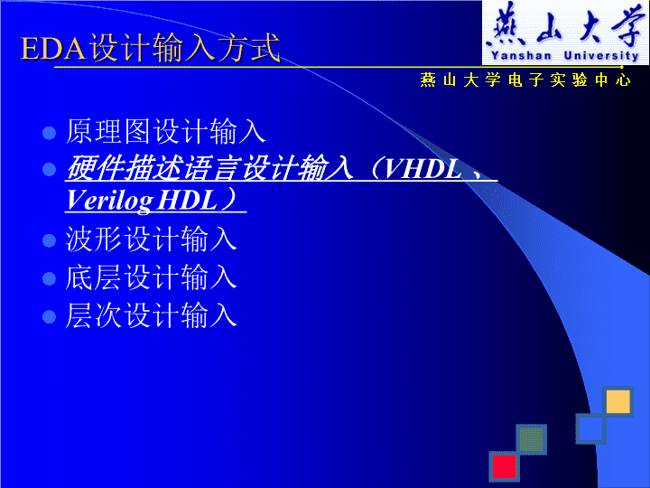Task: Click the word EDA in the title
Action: click(54, 48)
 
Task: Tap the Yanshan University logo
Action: click(565, 33)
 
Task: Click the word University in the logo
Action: click(601, 56)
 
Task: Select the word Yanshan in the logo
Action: click(521, 56)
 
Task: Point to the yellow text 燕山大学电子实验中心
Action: click(525, 80)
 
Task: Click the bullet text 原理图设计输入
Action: click(165, 132)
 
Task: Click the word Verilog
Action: click(109, 201)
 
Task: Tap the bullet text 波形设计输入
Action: click(151, 239)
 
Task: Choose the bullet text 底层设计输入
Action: click(151, 277)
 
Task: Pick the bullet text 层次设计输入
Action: click(151, 315)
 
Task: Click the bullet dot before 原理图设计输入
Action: click(49, 133)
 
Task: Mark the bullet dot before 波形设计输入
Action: click(49, 240)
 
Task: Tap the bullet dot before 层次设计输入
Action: click(49, 316)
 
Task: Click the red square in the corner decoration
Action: click(504, 466)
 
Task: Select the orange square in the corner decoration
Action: click(617, 401)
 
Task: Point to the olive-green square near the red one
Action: click(532, 439)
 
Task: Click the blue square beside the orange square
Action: click(590, 428)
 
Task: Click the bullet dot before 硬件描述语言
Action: click(49, 169)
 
